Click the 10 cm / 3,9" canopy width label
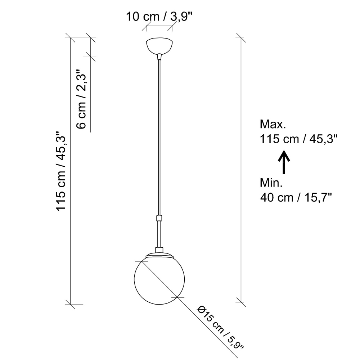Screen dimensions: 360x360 pyautogui.click(x=159, y=17)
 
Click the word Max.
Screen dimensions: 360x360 pyautogui.click(x=273, y=124)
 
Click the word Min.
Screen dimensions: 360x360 pyautogui.click(x=271, y=183)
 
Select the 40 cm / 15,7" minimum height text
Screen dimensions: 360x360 pyautogui.click(x=296, y=197)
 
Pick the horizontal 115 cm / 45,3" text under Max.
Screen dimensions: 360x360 pyautogui.click(x=298, y=139)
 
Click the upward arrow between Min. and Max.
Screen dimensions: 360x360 pyautogui.click(x=284, y=162)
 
